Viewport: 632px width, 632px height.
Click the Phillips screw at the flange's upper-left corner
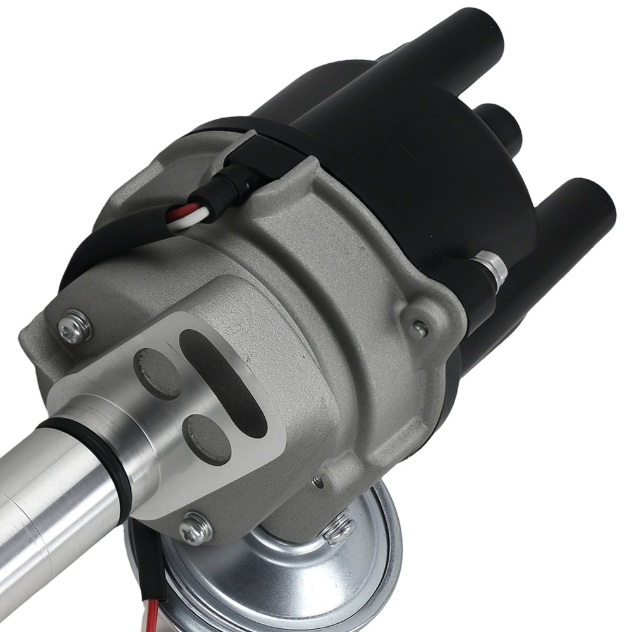click(74, 327)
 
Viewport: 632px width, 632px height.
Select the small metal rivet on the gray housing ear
click(417, 327)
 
